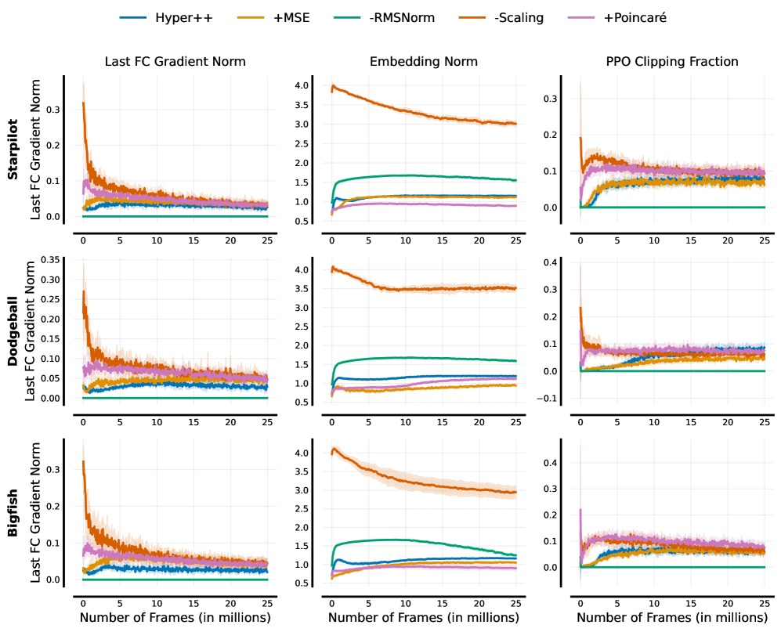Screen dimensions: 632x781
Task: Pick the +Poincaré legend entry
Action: pos(635,16)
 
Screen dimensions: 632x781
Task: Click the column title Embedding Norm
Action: pos(424,61)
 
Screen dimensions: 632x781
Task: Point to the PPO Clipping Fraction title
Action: pos(671,61)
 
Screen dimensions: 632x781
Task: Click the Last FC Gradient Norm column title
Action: pos(175,61)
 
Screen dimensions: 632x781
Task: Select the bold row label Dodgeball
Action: pos(13,332)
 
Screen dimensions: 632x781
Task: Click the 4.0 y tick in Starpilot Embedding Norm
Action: pos(302,85)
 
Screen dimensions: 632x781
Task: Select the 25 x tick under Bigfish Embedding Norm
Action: pos(515,603)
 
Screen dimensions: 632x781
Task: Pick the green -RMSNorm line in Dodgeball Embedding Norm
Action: pos(423,358)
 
